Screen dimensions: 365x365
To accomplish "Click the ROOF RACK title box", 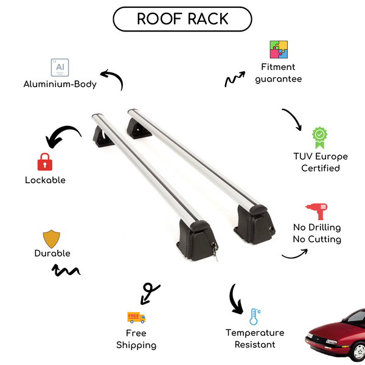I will [x=182, y=19].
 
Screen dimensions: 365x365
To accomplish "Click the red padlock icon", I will [x=44, y=162].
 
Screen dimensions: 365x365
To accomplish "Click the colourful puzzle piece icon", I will [x=279, y=49].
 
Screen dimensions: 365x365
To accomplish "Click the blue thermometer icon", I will [x=254, y=316].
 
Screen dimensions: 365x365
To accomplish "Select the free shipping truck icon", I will [x=136, y=317].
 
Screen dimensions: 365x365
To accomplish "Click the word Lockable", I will [x=45, y=180].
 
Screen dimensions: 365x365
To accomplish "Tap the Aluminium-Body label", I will [x=60, y=84].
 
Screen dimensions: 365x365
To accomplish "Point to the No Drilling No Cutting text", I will [x=316, y=233].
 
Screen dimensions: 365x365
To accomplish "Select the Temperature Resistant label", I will [x=255, y=338].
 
